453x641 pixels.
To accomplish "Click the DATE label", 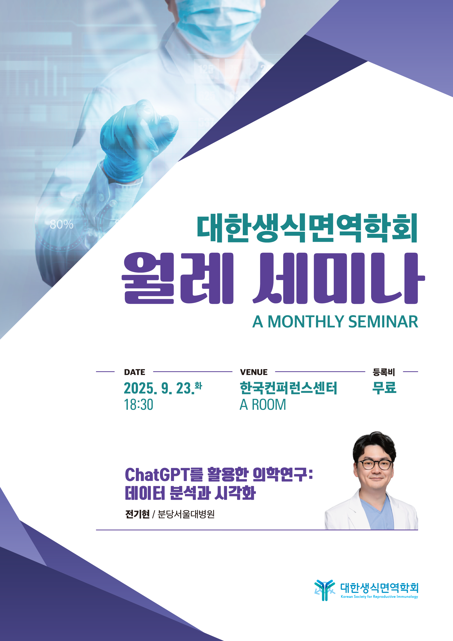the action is click(x=135, y=372).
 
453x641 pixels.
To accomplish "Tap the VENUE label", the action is click(x=254, y=372).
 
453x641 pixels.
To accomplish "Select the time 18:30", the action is click(x=139, y=405).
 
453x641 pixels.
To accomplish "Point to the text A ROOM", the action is click(x=263, y=405).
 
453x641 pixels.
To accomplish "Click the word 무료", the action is click(x=384, y=388).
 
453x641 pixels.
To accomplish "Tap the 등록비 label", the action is click(x=384, y=372).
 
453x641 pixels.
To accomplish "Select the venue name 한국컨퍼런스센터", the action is click(x=288, y=388).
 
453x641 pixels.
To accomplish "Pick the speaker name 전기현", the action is click(x=137, y=514).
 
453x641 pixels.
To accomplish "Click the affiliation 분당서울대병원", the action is click(x=186, y=514).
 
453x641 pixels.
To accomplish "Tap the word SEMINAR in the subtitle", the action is click(x=383, y=322).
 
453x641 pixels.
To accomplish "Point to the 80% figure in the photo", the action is click(x=62, y=224).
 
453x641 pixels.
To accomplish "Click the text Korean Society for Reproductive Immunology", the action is click(x=379, y=597).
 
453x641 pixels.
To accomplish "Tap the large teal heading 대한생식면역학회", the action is click(x=307, y=228).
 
